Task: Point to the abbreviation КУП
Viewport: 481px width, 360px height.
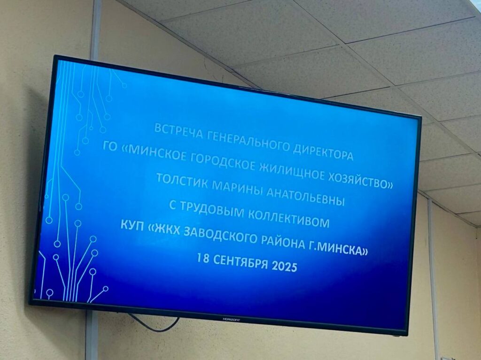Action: pos(132,225)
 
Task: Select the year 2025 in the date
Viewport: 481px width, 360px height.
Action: pos(285,267)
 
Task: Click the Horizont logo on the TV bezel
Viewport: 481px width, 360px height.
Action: pos(231,320)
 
